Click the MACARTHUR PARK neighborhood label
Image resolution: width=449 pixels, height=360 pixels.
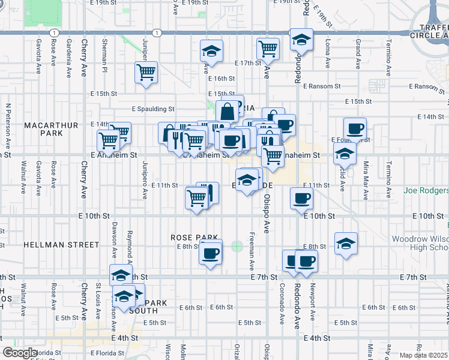tap(51, 128)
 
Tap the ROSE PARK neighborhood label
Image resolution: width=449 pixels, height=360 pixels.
tap(188, 238)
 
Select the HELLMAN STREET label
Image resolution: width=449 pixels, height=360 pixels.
tap(61, 245)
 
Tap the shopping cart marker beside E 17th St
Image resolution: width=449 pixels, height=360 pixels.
tap(268, 49)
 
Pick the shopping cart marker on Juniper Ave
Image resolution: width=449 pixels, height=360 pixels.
tap(146, 73)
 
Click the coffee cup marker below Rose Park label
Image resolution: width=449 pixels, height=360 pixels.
tap(209, 253)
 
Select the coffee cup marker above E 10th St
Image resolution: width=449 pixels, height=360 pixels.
tap(301, 199)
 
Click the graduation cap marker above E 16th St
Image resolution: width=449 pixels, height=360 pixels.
tap(211, 52)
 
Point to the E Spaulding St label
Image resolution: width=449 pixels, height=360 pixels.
tap(153, 109)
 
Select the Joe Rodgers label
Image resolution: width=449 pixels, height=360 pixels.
tap(426, 190)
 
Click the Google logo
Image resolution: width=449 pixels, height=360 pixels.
tap(19, 353)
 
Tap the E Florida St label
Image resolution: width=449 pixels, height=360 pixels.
tap(109, 353)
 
